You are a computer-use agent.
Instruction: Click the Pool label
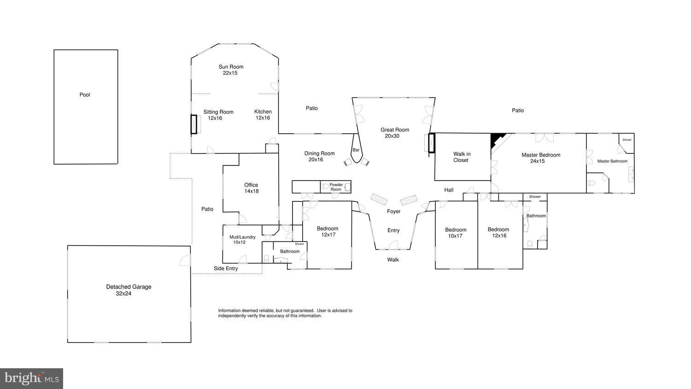(x=85, y=95)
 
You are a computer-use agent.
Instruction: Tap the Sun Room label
(x=231, y=67)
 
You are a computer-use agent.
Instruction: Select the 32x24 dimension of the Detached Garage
(x=123, y=293)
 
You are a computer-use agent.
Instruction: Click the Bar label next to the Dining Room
(x=356, y=150)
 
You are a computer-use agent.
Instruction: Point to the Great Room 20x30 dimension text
(x=392, y=136)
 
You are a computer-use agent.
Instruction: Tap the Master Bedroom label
(x=541, y=155)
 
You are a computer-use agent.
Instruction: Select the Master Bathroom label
(x=612, y=161)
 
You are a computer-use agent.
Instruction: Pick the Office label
(x=251, y=185)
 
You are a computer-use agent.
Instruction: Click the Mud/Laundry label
(x=242, y=237)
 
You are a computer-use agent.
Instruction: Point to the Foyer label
(x=393, y=212)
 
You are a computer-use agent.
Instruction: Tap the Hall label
(x=449, y=190)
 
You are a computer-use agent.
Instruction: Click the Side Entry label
(x=226, y=268)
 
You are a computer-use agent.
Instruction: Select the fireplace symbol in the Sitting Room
(x=194, y=124)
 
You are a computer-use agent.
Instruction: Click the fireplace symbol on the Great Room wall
(x=431, y=143)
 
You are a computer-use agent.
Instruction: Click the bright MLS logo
(x=31, y=378)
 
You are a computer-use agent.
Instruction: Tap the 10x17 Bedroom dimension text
(x=455, y=236)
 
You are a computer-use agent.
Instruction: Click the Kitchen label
(x=263, y=112)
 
